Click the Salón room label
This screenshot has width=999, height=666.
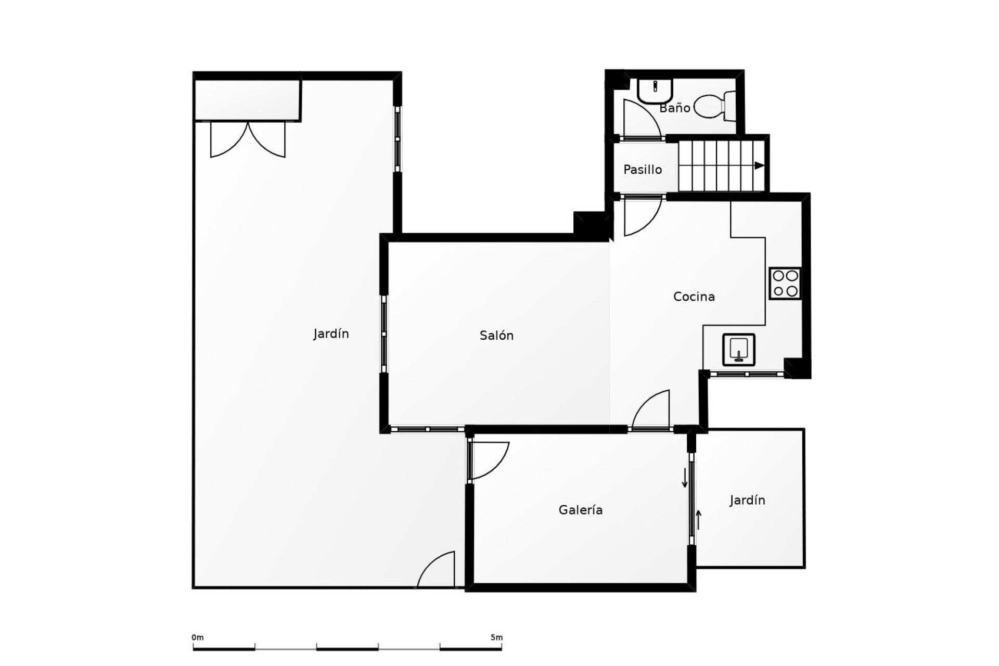click(496, 336)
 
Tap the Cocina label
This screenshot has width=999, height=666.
click(694, 297)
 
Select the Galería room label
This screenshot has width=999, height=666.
click(581, 510)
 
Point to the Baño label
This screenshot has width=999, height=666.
click(675, 108)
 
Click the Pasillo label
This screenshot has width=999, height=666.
click(643, 170)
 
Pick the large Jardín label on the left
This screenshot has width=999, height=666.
click(331, 334)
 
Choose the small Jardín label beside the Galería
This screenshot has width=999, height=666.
click(747, 501)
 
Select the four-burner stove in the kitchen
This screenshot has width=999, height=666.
click(785, 284)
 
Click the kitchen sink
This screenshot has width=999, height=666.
click(738, 350)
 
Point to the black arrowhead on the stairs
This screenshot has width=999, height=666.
click(760, 165)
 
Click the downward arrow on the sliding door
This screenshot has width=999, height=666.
click(685, 478)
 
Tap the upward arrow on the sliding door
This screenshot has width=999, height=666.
click(699, 519)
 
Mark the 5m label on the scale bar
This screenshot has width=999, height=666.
click(496, 637)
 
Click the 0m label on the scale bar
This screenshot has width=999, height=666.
click(198, 637)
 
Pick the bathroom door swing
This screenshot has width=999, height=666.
click(642, 119)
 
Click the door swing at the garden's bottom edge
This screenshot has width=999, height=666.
click(436, 570)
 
